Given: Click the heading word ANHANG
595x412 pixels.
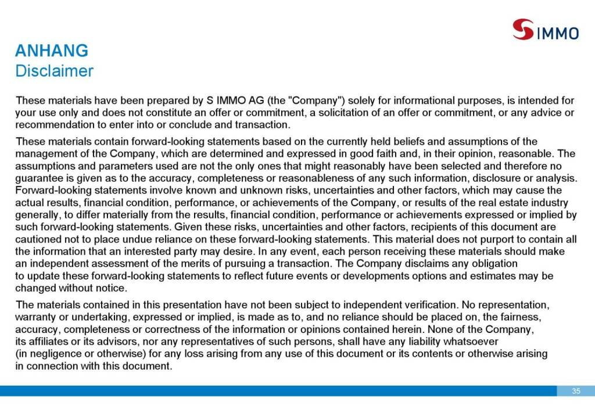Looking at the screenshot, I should pos(52,51).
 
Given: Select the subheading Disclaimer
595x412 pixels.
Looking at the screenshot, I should pos(54,71).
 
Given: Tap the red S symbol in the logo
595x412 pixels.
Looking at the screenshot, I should pos(523,29).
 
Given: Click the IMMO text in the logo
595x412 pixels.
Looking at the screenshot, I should pos(557,33).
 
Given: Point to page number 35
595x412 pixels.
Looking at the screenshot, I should pos(576,391).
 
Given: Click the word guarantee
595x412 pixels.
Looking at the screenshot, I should pos(38,178).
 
